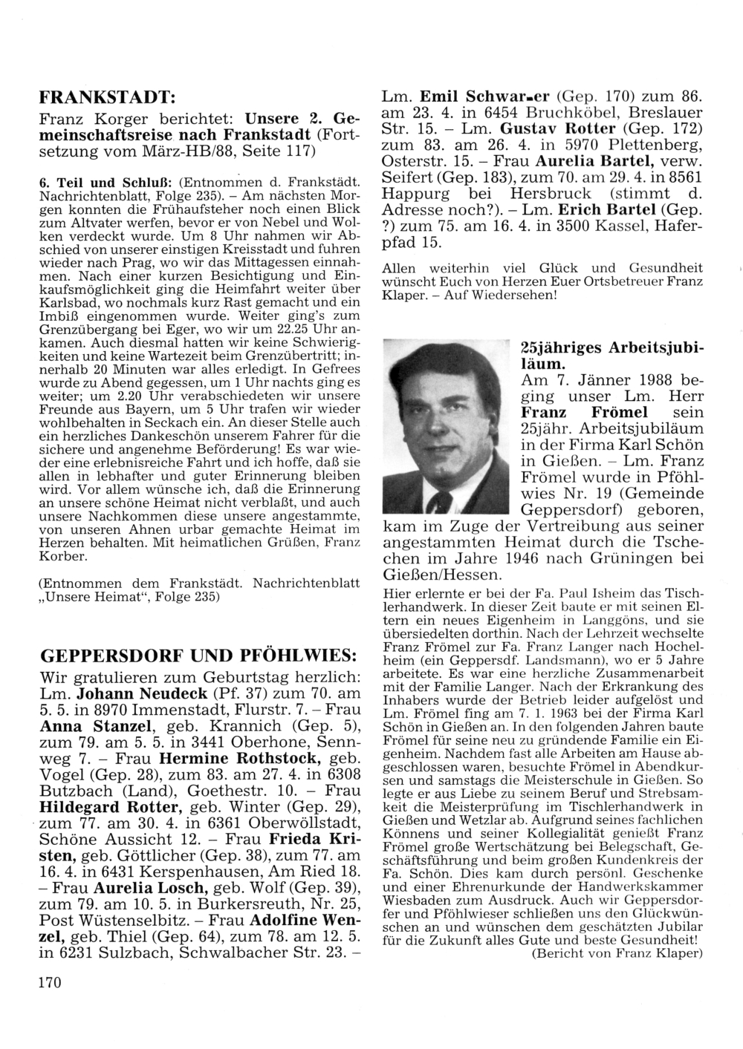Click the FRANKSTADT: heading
pyautogui.click(x=106, y=97)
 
